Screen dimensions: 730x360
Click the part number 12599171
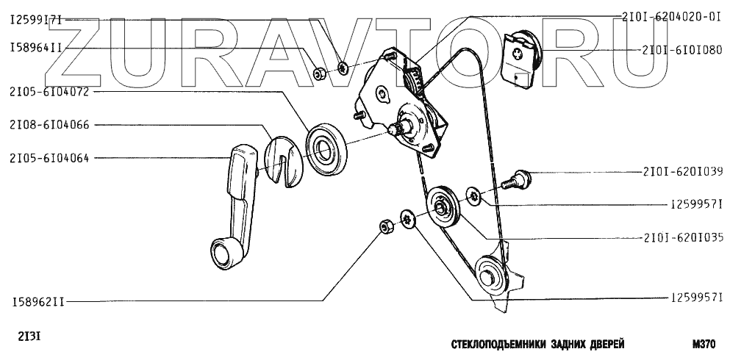(x=36, y=21)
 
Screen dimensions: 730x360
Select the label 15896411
(x=36, y=48)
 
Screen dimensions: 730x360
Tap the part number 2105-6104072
(x=49, y=93)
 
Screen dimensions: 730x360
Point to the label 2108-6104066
(x=49, y=125)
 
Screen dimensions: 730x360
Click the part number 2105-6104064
(x=49, y=157)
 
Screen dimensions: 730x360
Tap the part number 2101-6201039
(x=681, y=173)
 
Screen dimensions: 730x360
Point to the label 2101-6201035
(x=681, y=237)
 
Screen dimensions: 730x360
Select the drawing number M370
(x=703, y=343)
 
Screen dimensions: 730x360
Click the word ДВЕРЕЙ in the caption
(x=601, y=343)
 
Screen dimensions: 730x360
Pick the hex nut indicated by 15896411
(x=320, y=73)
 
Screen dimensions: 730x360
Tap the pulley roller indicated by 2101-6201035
(x=443, y=208)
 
